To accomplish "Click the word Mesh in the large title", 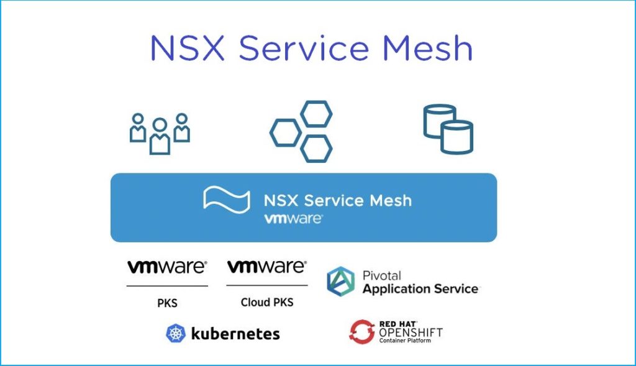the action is [x=427, y=48].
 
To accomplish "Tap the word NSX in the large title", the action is [x=188, y=48].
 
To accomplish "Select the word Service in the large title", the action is [x=304, y=48].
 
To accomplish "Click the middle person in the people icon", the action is [x=160, y=136].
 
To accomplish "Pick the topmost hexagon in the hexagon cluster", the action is [x=316, y=114].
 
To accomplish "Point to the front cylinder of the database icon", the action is [x=457, y=137].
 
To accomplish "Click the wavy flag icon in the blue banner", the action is [x=227, y=199].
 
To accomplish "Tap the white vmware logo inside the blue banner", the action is [x=293, y=219].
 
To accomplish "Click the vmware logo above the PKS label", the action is [x=167, y=267].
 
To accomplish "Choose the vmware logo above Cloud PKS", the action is [x=267, y=267].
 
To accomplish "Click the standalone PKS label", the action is [x=167, y=303].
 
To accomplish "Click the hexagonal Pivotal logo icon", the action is [x=341, y=281].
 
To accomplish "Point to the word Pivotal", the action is [x=382, y=276].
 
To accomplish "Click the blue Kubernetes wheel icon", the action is [x=176, y=334].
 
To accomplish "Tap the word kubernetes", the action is [x=235, y=334].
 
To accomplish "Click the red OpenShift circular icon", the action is [x=362, y=332].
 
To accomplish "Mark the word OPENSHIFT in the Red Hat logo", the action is [x=411, y=332].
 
